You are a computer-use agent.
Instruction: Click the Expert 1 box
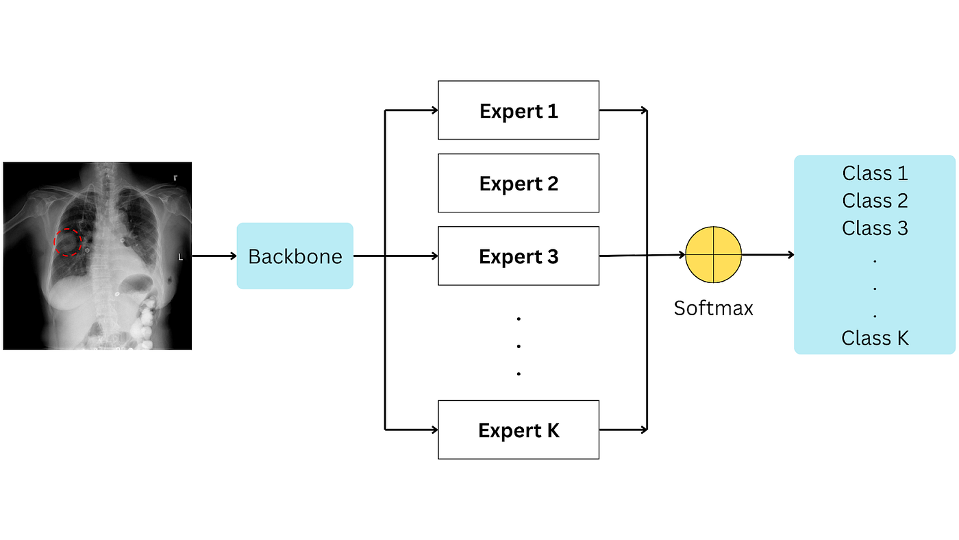pyautogui.click(x=519, y=110)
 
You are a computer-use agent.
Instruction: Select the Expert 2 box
pyautogui.click(x=519, y=183)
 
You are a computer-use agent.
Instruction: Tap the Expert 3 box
pyautogui.click(x=519, y=256)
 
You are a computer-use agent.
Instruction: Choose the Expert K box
pyautogui.click(x=519, y=430)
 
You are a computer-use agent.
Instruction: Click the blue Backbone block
pyautogui.click(x=295, y=256)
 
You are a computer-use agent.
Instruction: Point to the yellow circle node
pyautogui.click(x=714, y=255)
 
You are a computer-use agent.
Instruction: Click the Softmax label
pyautogui.click(x=713, y=308)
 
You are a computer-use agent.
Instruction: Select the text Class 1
pyautogui.click(x=875, y=173)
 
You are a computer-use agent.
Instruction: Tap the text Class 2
pyautogui.click(x=875, y=201)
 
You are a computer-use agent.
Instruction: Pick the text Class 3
pyautogui.click(x=875, y=228)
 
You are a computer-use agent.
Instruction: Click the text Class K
pyautogui.click(x=875, y=338)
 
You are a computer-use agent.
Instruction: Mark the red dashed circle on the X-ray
pyautogui.click(x=68, y=242)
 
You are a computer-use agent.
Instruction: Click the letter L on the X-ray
pyautogui.click(x=180, y=258)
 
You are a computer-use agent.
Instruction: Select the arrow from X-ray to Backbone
pyautogui.click(x=214, y=256)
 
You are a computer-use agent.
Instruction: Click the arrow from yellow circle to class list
pyautogui.click(x=768, y=255)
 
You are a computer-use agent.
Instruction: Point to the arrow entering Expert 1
pyautogui.click(x=412, y=110)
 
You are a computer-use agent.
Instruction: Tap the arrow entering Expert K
pyautogui.click(x=412, y=430)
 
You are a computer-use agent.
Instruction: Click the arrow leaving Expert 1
pyautogui.click(x=623, y=110)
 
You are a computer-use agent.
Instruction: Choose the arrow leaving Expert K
pyautogui.click(x=623, y=430)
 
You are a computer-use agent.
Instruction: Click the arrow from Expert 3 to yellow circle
pyautogui.click(x=642, y=256)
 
